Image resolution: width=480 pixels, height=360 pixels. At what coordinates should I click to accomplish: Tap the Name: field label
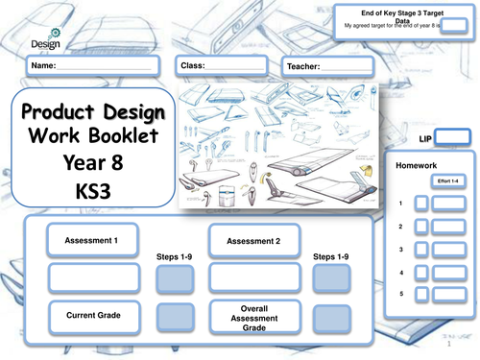click(44, 65)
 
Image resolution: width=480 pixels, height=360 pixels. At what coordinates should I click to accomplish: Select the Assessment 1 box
click(92, 240)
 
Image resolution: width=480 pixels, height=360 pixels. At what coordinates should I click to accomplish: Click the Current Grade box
click(92, 315)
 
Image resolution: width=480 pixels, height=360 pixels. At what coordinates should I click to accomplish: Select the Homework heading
click(417, 165)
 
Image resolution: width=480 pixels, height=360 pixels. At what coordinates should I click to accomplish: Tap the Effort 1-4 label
click(448, 180)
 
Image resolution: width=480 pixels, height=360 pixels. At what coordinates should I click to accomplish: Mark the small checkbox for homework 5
click(420, 296)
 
